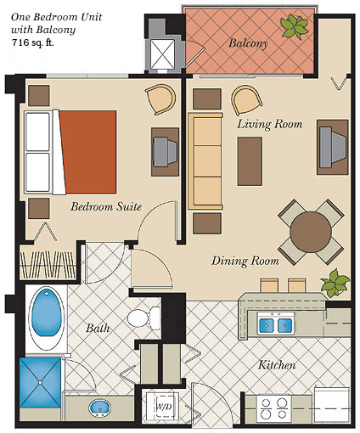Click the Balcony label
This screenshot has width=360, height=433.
(248, 43)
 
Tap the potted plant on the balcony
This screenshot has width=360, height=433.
(295, 26)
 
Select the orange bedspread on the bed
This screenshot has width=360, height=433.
(87, 152)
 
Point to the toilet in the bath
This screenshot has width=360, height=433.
(143, 318)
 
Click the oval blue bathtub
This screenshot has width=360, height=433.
(46, 318)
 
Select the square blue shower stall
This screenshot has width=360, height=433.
(40, 383)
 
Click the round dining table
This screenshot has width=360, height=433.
(311, 232)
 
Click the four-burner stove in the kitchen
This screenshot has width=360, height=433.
(274, 408)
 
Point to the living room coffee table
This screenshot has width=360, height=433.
(250, 161)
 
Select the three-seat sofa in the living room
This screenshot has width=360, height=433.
(205, 161)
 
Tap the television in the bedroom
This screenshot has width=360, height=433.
(165, 152)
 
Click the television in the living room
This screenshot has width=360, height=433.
(333, 147)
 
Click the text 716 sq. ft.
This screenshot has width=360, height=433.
(33, 42)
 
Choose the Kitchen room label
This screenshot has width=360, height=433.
(277, 365)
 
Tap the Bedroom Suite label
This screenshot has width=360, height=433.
(106, 206)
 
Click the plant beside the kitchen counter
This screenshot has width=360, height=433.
(335, 283)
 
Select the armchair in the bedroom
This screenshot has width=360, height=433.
(160, 99)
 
